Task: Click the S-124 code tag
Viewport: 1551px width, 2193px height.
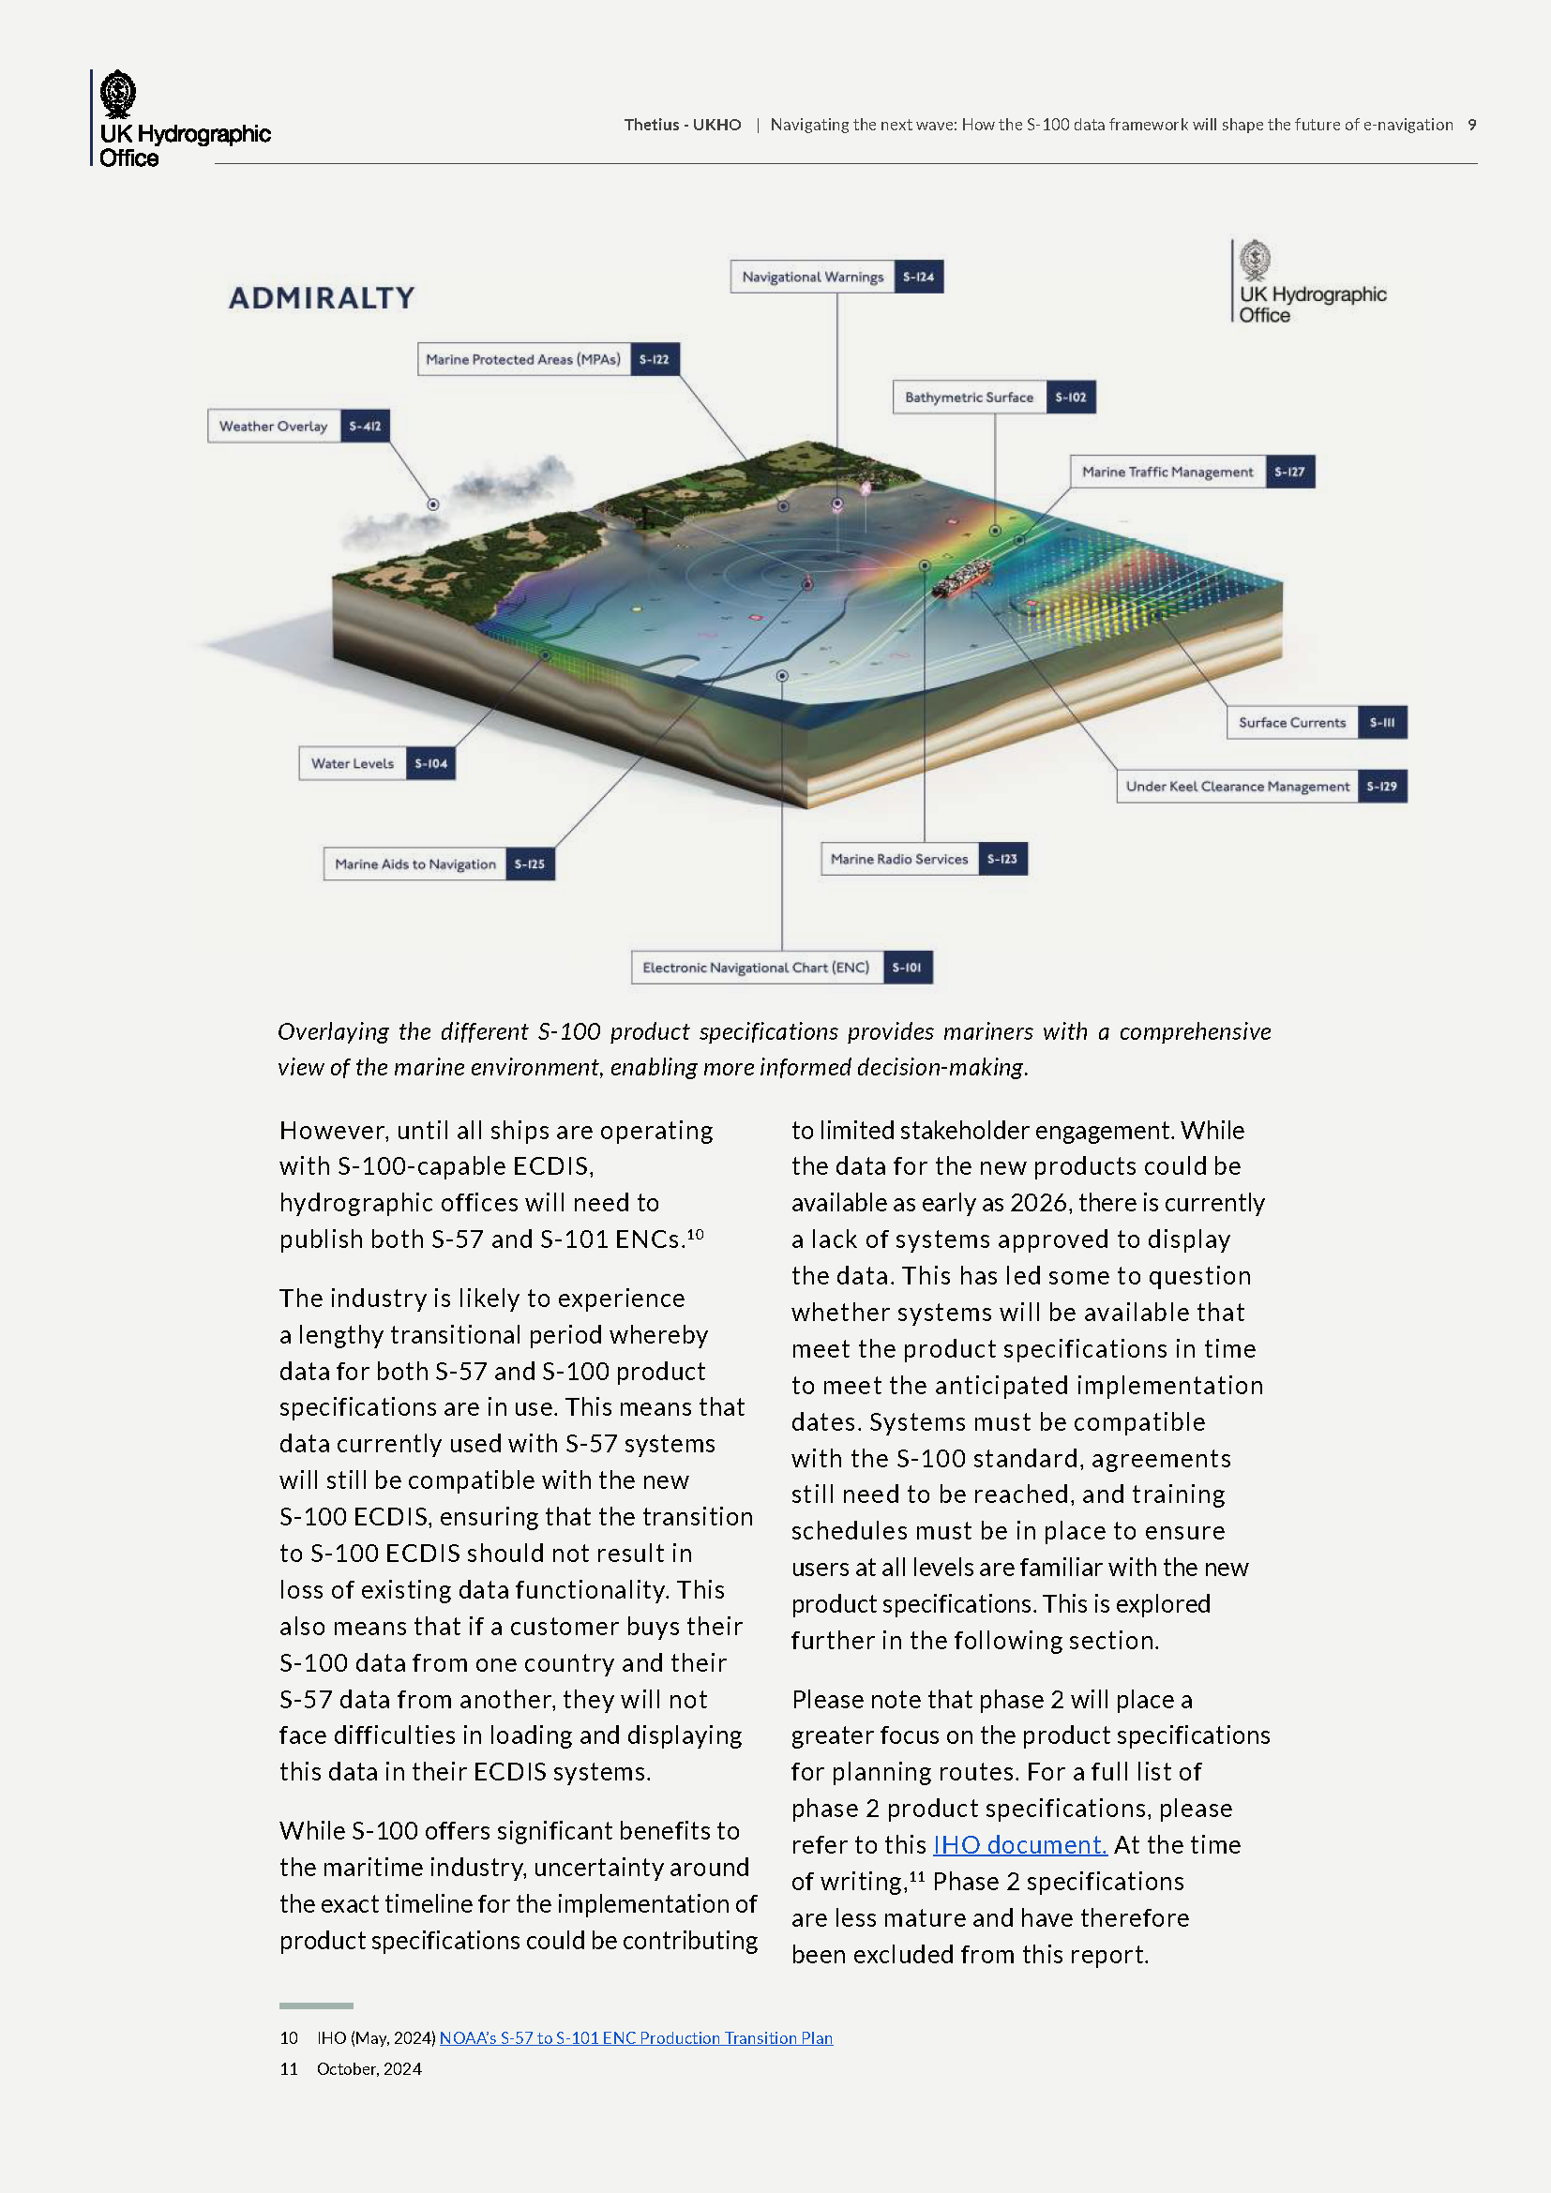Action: click(918, 277)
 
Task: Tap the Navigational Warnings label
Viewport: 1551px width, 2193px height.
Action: click(813, 277)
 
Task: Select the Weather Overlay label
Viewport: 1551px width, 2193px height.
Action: click(273, 426)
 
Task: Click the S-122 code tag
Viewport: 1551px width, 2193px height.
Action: click(655, 360)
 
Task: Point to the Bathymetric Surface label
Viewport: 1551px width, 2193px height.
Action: click(969, 398)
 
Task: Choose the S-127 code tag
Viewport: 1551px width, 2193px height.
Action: click(1289, 472)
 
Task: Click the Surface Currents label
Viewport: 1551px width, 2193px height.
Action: click(1291, 723)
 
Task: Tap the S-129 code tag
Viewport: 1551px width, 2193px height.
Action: click(1381, 787)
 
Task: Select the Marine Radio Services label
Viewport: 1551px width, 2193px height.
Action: click(898, 860)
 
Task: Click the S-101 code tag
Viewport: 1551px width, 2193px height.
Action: click(907, 968)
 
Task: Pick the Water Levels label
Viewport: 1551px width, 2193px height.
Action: click(353, 764)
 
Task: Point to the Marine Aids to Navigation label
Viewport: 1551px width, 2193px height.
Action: click(415, 864)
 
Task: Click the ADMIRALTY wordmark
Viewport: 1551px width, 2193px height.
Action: click(322, 298)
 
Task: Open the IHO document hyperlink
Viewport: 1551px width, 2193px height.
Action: click(1019, 1844)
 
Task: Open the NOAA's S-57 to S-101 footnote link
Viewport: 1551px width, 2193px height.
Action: click(635, 2038)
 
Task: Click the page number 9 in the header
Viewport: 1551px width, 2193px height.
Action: click(1471, 125)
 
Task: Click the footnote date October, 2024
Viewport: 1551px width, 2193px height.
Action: click(369, 2069)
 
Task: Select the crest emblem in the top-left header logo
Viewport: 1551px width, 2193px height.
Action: click(117, 94)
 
